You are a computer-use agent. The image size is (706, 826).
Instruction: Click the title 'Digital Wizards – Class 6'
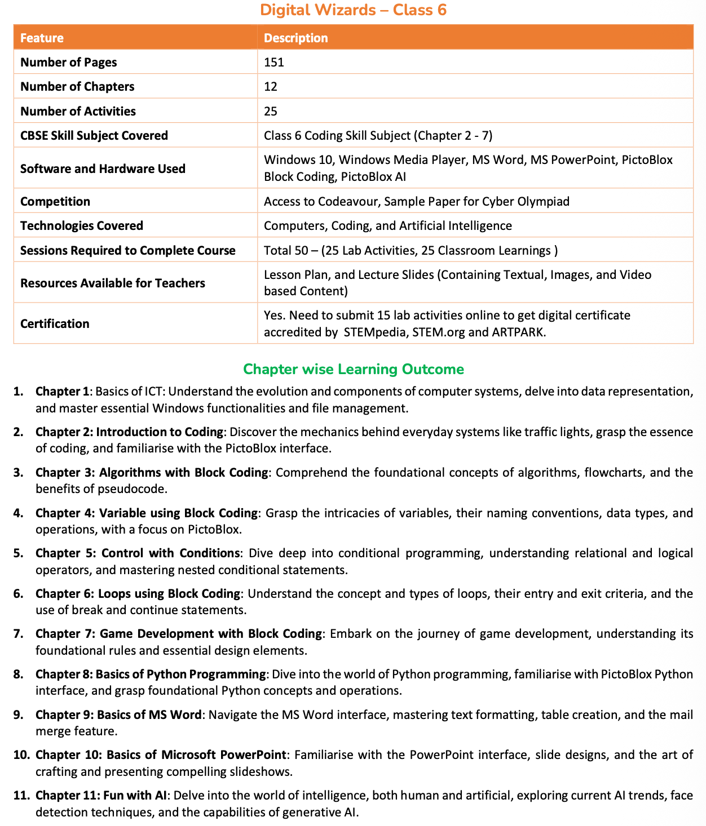pos(353,10)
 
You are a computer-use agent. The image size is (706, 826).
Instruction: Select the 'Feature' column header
pos(42,38)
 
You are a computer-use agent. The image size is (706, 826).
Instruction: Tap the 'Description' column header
pos(295,38)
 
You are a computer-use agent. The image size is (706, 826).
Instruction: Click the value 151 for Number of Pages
pos(274,62)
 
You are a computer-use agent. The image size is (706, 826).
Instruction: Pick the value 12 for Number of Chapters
pos(271,86)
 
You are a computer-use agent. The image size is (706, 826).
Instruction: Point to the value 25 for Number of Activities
pos(271,111)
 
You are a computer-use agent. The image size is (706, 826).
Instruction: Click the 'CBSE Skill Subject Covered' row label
pos(94,135)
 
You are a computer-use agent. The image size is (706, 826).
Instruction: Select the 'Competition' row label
pos(55,201)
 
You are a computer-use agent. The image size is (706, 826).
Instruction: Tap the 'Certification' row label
pos(55,323)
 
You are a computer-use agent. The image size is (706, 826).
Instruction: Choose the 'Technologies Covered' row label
pos(82,225)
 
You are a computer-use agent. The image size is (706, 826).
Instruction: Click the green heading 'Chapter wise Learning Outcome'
pos(354,369)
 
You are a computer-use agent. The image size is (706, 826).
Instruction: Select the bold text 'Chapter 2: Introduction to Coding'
pos(130,432)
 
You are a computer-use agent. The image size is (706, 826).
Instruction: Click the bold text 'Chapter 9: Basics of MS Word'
pos(118,714)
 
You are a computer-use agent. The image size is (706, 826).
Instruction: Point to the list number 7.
pos(18,634)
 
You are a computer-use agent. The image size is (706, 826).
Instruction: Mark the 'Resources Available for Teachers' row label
pos(113,283)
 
